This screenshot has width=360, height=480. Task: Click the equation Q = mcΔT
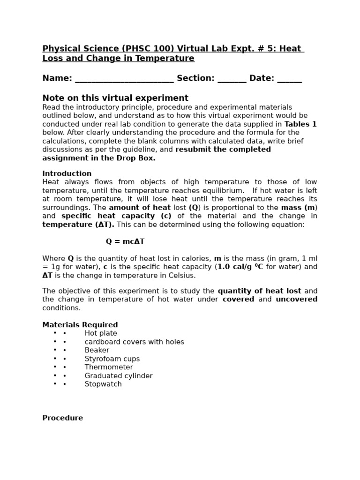point(125,241)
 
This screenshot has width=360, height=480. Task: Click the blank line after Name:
point(124,79)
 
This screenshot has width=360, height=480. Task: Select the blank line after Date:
point(289,79)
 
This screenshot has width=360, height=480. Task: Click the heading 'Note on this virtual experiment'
point(115,98)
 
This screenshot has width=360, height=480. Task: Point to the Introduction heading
point(67,173)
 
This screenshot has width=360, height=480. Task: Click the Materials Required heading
point(80,325)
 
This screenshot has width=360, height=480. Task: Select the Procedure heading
point(62,418)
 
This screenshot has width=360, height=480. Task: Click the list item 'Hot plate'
point(101,333)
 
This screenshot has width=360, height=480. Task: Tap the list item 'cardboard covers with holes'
point(134,342)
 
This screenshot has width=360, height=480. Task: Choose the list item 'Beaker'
point(97,350)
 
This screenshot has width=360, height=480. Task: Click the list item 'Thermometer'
point(108,367)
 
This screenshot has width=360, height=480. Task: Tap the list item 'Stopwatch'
point(103,384)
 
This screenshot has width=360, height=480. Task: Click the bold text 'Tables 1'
point(300,124)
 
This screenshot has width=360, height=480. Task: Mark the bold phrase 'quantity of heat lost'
point(259,291)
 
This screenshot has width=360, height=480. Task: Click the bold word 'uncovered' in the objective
point(296,300)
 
